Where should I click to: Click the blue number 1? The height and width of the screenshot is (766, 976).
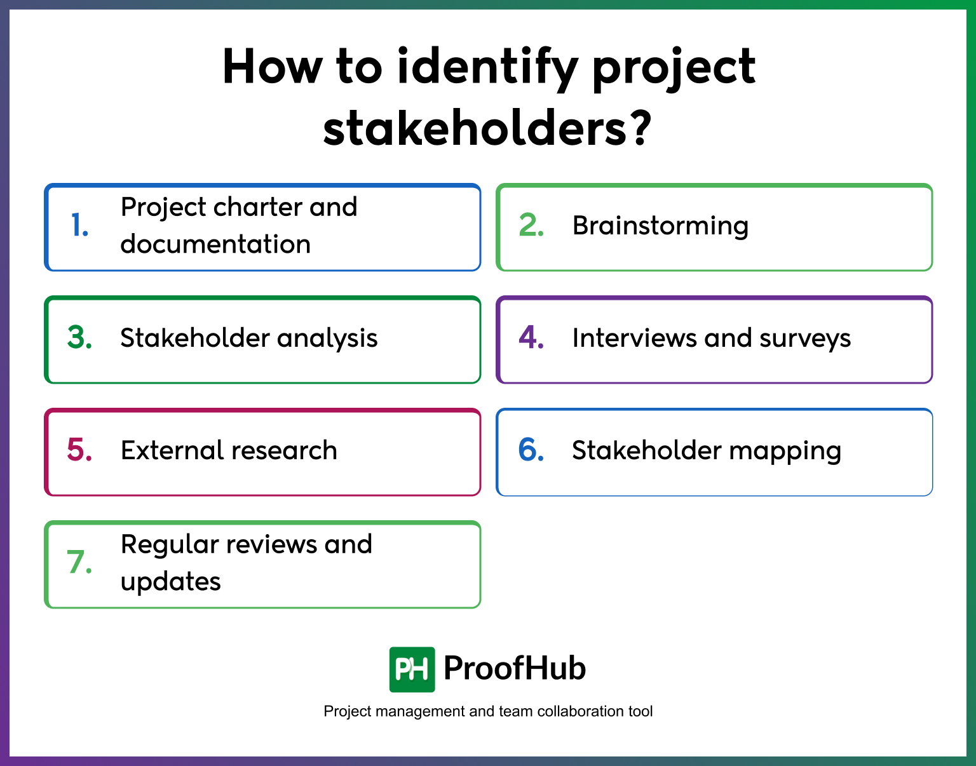pyautogui.click(x=79, y=226)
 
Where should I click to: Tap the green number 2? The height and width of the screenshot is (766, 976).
pyautogui.click(x=531, y=226)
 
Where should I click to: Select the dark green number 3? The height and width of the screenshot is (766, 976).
pyautogui.click(x=80, y=338)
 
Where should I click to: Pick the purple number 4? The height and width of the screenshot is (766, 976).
pyautogui.click(x=531, y=338)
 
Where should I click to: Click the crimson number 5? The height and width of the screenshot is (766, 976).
pyautogui.click(x=80, y=450)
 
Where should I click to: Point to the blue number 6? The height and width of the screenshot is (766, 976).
pyautogui.click(x=531, y=450)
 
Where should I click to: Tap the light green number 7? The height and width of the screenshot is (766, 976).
pyautogui.click(x=80, y=563)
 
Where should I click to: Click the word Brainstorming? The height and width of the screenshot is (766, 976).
pyautogui.click(x=660, y=226)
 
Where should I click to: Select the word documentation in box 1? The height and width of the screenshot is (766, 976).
pyautogui.click(x=215, y=245)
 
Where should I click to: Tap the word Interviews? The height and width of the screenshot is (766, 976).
pyautogui.click(x=634, y=338)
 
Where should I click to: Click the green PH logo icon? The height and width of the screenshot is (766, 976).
pyautogui.click(x=412, y=669)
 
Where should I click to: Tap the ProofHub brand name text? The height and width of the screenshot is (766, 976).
pyautogui.click(x=514, y=668)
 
